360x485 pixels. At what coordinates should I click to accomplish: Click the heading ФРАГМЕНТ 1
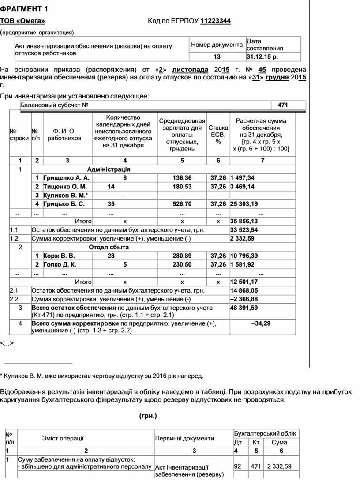click(x=24, y=9)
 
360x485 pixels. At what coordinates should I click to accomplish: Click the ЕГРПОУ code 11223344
click(x=216, y=21)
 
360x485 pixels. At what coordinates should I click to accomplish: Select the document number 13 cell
click(x=217, y=57)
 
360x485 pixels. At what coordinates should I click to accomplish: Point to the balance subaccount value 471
click(x=283, y=105)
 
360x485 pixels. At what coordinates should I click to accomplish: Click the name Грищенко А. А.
click(x=66, y=177)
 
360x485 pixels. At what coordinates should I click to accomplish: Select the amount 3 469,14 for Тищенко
click(x=242, y=187)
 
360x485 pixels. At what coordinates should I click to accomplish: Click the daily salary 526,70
click(x=182, y=204)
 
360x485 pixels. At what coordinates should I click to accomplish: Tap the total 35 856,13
click(x=244, y=221)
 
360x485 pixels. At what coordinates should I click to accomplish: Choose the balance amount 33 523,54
click(x=244, y=230)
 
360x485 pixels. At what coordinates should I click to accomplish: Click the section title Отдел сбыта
click(x=109, y=247)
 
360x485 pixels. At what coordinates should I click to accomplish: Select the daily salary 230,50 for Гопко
click(x=182, y=265)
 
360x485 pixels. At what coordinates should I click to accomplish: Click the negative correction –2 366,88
click(x=244, y=299)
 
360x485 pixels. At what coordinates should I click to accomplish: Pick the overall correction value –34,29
click(x=261, y=323)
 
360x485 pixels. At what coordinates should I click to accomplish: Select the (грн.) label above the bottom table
click(x=148, y=416)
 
